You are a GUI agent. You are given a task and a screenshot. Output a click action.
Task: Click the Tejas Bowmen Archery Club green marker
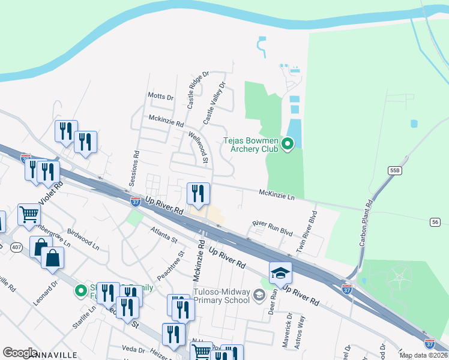coord(287,143)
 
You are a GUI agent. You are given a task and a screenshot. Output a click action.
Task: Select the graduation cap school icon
coord(280,273)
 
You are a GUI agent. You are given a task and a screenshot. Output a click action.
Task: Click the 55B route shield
coord(394,170)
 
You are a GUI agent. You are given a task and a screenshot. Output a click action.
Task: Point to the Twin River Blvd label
coord(306,231)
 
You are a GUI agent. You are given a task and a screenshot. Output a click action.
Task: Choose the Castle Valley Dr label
coord(213,103)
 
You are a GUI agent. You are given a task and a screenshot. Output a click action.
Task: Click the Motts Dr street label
coord(160,96)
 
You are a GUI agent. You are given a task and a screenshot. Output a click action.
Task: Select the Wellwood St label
coord(197,148)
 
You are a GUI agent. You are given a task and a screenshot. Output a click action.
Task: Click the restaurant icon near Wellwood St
coord(198,193)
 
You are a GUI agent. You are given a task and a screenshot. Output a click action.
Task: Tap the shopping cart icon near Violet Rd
coord(29,214)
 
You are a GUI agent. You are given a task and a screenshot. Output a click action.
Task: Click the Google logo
coord(20,353)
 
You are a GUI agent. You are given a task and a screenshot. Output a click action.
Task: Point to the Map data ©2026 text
coord(423,355)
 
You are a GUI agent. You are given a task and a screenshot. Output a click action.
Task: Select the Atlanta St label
coord(164,235)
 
